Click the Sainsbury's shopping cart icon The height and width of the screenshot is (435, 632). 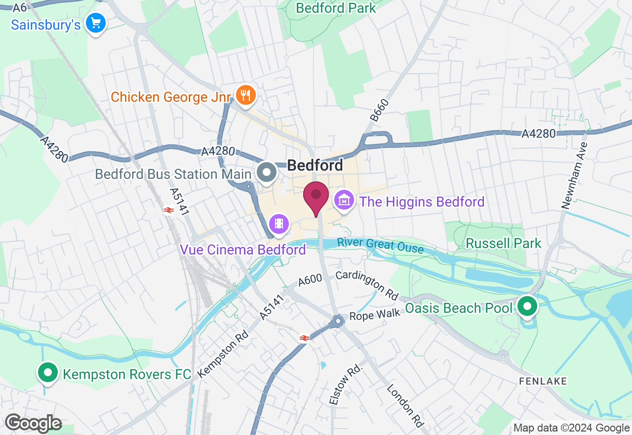96,23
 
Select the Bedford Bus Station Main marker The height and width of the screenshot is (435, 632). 268,173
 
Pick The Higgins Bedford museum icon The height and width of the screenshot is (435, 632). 344,200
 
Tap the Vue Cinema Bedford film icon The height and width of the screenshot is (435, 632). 279,224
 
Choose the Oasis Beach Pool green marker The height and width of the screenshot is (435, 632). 527,306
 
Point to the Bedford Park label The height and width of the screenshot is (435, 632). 336,8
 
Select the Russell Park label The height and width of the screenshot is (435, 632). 504,243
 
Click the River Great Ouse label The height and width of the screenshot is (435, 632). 380,245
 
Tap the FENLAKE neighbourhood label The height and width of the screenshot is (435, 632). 543,381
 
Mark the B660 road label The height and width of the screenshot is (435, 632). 379,110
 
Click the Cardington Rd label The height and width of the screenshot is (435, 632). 367,285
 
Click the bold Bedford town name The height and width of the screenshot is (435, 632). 315,165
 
